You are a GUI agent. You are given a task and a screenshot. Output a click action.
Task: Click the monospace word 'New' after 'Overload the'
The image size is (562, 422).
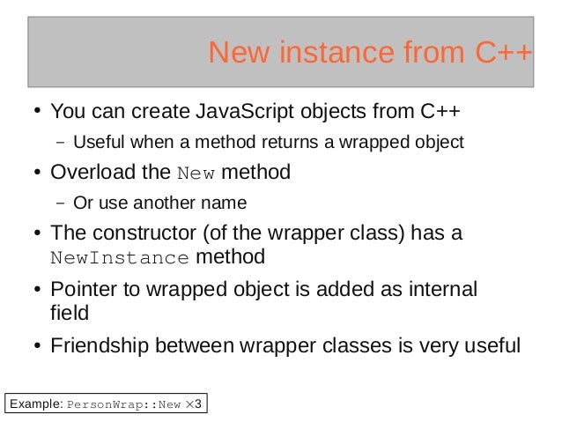(x=196, y=173)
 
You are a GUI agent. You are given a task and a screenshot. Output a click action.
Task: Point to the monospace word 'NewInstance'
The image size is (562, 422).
(x=119, y=259)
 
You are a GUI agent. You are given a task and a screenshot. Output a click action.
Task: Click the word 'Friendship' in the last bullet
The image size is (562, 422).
(x=99, y=344)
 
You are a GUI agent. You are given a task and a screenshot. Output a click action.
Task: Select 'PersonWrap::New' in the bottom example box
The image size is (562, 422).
(x=124, y=404)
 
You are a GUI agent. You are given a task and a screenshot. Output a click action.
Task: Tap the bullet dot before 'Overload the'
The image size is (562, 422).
(x=38, y=173)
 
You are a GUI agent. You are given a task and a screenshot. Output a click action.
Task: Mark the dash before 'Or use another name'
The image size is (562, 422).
(x=60, y=203)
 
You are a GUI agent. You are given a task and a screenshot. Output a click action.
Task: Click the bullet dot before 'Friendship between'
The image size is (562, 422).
(x=38, y=344)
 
